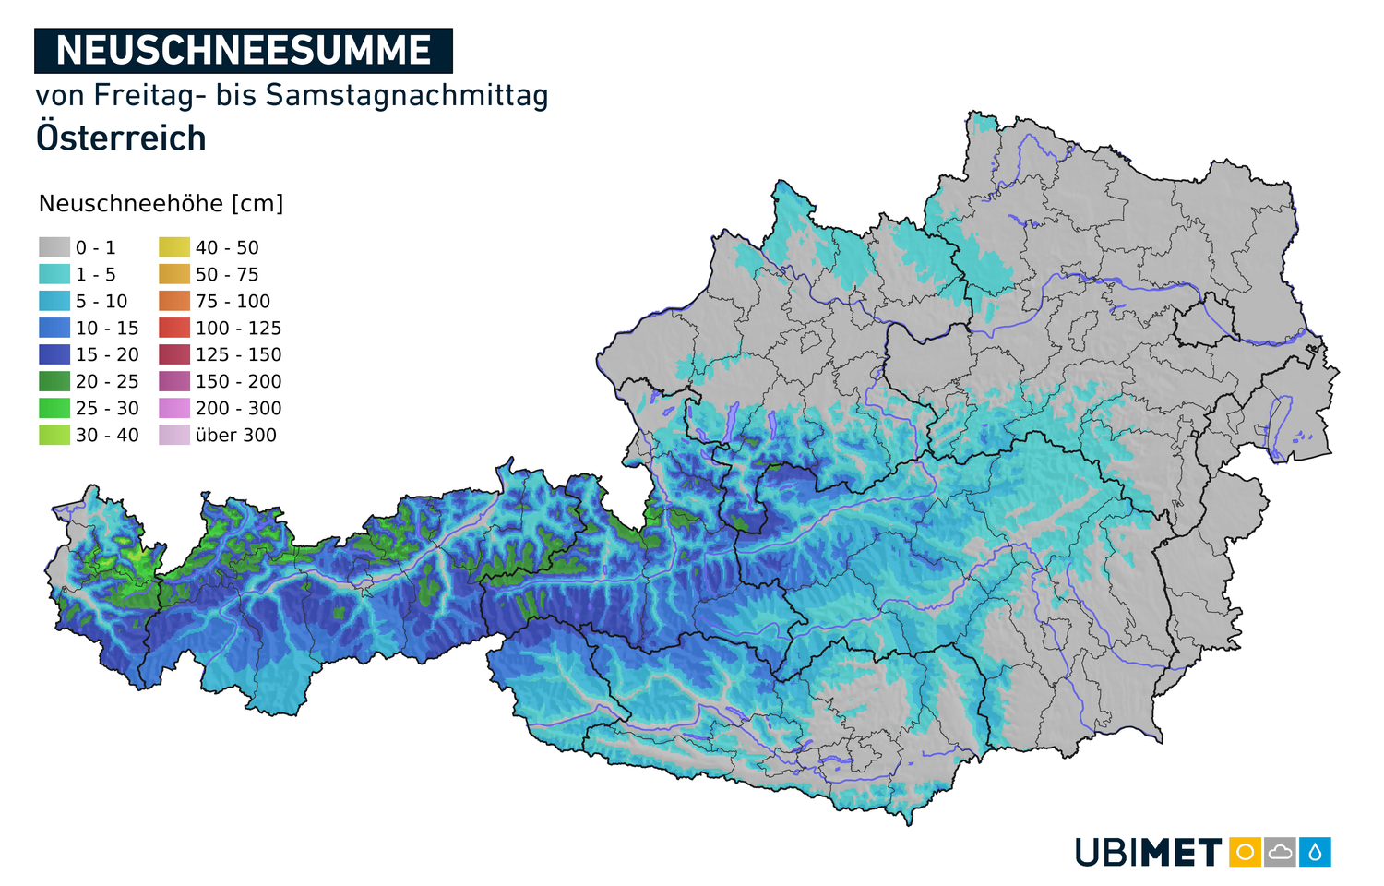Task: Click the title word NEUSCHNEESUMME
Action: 244,51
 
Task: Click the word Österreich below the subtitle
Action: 121,138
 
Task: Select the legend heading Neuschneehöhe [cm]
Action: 161,204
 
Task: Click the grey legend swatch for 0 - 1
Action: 54,247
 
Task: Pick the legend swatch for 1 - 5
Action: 54,274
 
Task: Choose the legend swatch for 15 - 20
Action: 54,354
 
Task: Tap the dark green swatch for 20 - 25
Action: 54,381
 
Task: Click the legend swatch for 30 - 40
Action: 54,435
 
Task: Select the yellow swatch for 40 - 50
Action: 174,247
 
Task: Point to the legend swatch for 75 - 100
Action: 174,301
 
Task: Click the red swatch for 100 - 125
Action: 174,328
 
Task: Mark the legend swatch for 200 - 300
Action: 174,408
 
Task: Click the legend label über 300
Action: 236,435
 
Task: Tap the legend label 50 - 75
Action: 227,274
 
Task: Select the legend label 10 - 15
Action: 107,328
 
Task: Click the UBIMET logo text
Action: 1149,852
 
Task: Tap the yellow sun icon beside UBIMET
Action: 1245,852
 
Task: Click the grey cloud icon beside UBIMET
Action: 1280,852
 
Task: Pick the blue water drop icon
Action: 1315,852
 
